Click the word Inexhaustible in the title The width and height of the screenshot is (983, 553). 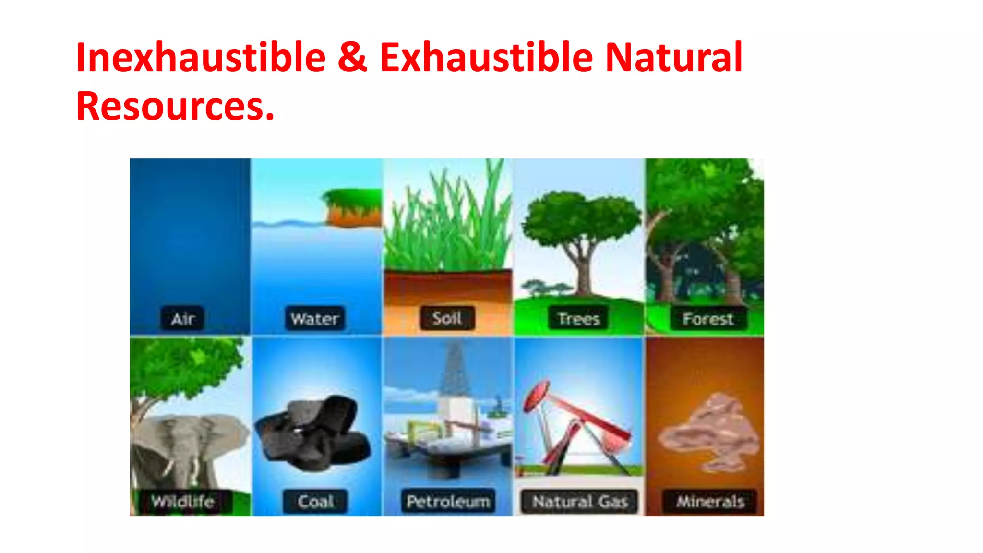click(x=201, y=58)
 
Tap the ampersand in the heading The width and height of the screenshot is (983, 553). click(x=352, y=58)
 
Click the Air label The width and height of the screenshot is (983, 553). click(x=182, y=319)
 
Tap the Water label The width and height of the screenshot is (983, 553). click(x=315, y=319)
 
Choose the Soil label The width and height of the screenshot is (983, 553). click(x=447, y=318)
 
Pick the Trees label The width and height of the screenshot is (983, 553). click(x=579, y=319)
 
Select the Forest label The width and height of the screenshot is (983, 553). click(x=708, y=319)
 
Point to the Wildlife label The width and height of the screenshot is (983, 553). click(x=183, y=501)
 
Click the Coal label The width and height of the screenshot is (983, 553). click(x=315, y=502)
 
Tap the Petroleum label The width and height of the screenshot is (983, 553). click(x=448, y=502)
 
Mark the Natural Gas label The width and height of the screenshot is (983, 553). click(x=580, y=502)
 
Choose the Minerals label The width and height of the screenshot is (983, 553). click(x=710, y=502)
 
